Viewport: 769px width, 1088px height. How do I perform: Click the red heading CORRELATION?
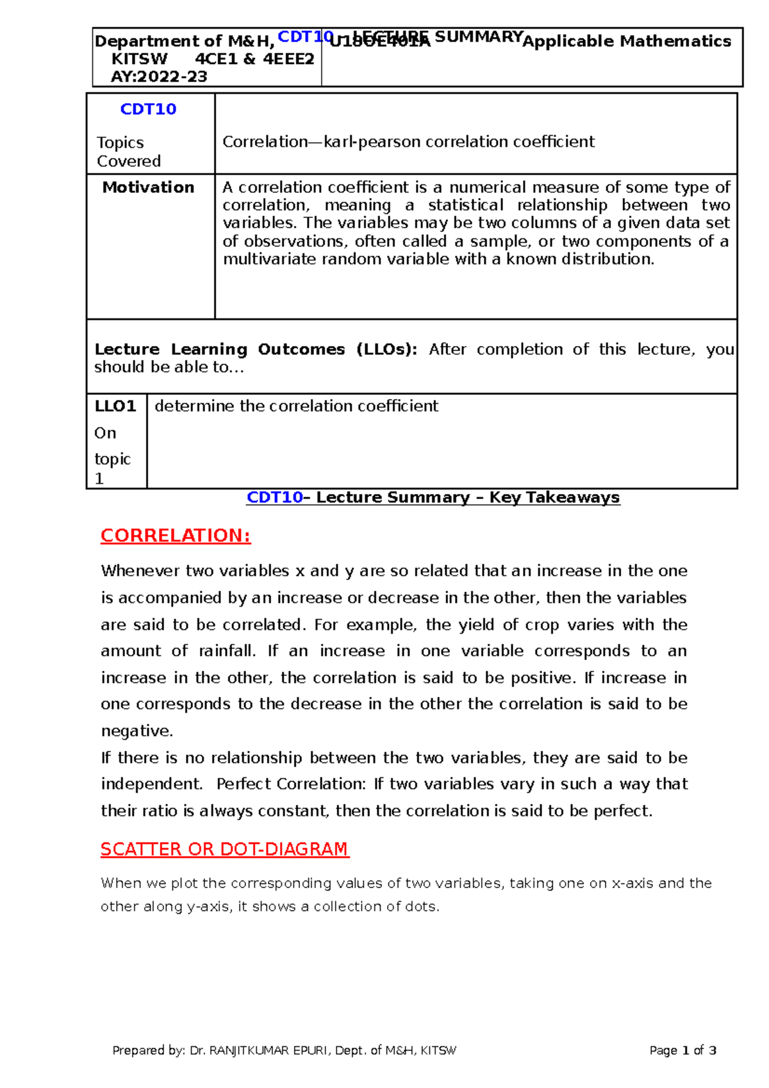tap(176, 536)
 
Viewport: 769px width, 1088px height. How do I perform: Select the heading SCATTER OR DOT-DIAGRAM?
tap(224, 849)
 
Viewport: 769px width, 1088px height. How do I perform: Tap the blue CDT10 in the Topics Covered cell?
tap(148, 110)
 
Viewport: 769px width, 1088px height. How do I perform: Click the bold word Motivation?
tap(148, 188)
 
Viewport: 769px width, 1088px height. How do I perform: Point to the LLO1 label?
tap(115, 406)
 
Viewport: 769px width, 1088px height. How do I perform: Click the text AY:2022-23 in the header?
tap(159, 77)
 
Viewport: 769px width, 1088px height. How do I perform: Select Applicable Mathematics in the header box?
tap(627, 42)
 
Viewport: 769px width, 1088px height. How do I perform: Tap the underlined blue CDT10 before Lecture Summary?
tap(274, 498)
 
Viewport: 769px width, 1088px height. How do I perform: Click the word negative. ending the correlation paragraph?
tap(137, 731)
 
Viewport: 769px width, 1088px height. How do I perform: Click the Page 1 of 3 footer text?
tap(682, 1051)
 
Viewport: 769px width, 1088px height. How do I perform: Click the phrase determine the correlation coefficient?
tap(296, 406)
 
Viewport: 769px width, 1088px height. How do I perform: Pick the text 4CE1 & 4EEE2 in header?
tap(254, 60)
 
